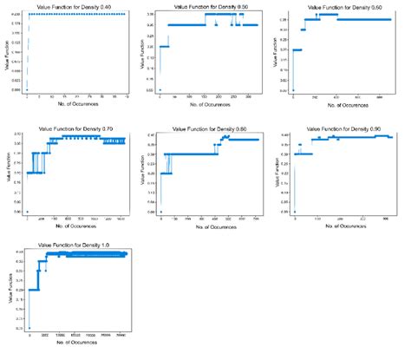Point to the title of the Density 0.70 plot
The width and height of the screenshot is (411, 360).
[75, 128]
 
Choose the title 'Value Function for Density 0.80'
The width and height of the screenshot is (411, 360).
[210, 128]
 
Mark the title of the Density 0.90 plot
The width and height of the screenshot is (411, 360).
[344, 128]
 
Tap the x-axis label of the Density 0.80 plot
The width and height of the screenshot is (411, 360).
[210, 227]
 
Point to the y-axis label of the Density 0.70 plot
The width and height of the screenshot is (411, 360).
[5, 173]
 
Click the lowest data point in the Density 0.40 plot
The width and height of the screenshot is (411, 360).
[26, 89]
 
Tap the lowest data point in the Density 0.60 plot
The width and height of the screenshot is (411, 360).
[293, 89]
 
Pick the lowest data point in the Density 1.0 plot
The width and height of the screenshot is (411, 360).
[29, 329]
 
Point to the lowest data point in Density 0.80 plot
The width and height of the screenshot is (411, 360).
[160, 212]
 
